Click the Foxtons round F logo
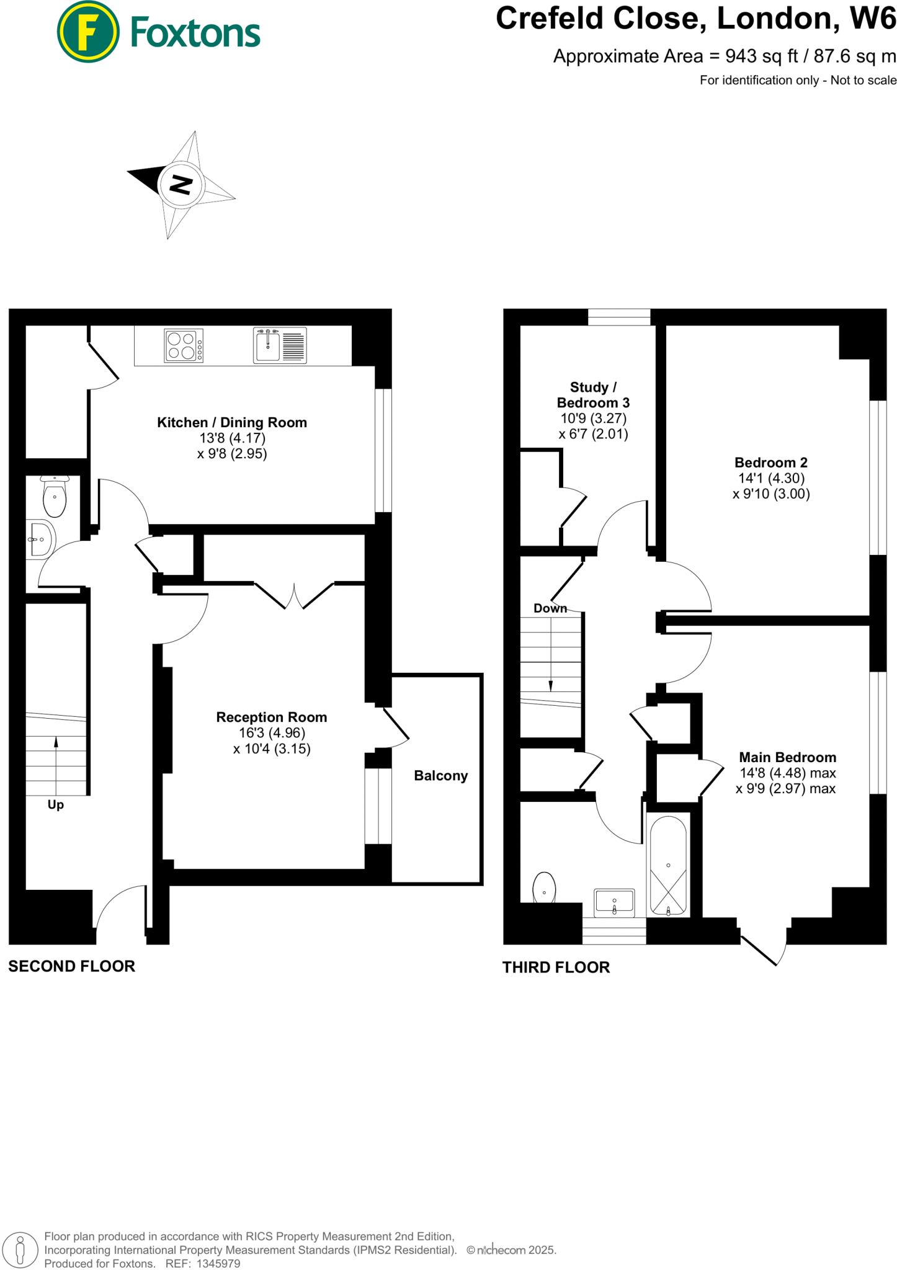click(x=88, y=32)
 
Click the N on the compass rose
click(x=181, y=184)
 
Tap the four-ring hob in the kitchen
click(x=184, y=346)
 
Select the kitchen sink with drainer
click(x=280, y=346)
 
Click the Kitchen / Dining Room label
click(x=232, y=423)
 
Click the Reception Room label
click(x=272, y=717)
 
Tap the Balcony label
click(x=440, y=776)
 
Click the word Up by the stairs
click(x=56, y=805)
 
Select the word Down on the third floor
click(x=550, y=608)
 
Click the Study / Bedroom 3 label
click(x=593, y=395)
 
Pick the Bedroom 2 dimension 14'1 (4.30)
click(x=771, y=478)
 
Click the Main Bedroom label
click(x=787, y=757)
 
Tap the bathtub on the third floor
click(x=668, y=866)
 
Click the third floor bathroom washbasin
click(x=614, y=902)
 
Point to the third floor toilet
click(x=544, y=888)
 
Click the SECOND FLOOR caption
click(x=71, y=966)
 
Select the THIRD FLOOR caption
click(x=556, y=967)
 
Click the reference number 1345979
click(x=218, y=1264)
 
